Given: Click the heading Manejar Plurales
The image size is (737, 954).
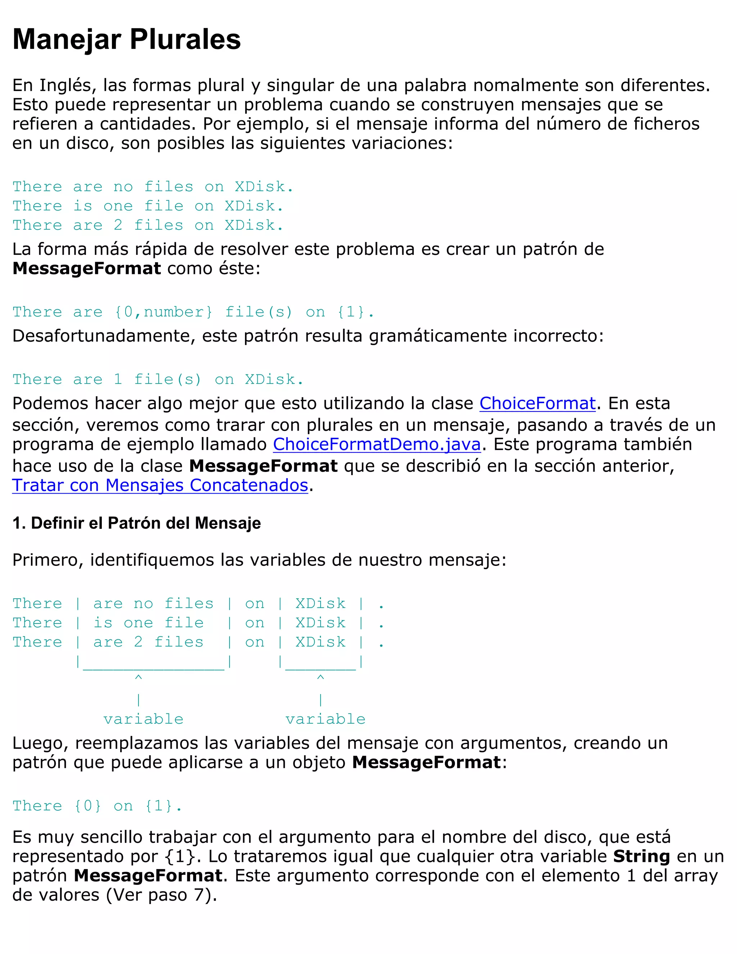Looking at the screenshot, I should [127, 39].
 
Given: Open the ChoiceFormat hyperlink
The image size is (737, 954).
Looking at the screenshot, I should [538, 403].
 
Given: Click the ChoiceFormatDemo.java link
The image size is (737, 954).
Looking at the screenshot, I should [377, 444].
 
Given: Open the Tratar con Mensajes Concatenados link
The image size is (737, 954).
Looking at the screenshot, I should [160, 485].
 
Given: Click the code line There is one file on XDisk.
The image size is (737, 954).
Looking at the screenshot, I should [148, 206].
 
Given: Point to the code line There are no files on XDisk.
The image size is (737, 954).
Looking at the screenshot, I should [153, 186].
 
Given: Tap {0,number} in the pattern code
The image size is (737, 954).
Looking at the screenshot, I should [164, 312].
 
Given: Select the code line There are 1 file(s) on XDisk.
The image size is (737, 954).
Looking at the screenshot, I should [158, 379].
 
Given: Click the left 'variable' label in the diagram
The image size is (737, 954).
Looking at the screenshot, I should [143, 719].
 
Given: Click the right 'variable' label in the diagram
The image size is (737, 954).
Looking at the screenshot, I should [325, 719].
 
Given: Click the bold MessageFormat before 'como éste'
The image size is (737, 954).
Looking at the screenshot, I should [86, 268].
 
